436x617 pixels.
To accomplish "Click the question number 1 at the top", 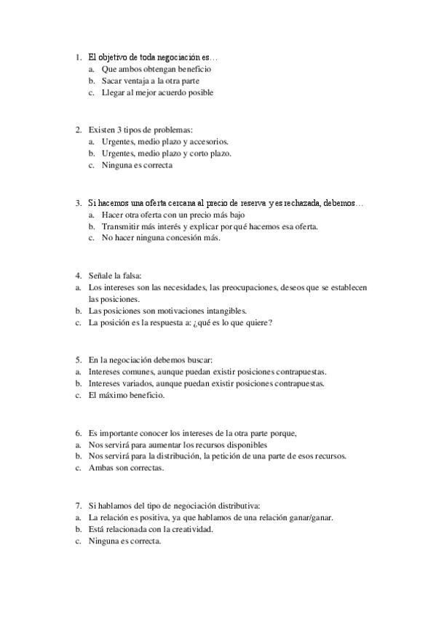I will tap(77, 57).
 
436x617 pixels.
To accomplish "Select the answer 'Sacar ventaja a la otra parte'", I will tap(151, 81).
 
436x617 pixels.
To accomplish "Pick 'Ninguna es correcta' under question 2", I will tap(138, 165).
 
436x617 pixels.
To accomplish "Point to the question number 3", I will tap(77, 203).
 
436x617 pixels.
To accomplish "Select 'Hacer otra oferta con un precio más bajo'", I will tap(173, 215).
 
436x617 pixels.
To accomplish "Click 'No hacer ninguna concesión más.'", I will tap(161, 238).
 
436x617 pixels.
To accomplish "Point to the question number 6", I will tap(77, 433).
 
